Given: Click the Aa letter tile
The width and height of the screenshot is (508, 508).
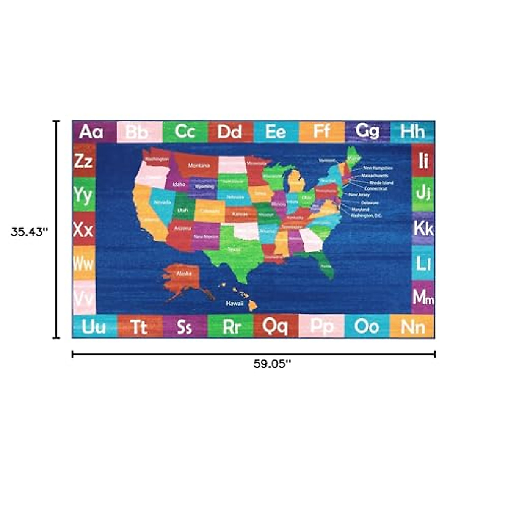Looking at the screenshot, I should [x=91, y=132].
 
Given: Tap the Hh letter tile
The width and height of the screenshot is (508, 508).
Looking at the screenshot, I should [x=412, y=132].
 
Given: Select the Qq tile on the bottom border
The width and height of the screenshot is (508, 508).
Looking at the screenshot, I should [x=275, y=326].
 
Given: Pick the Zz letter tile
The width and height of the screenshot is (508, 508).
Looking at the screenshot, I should [x=84, y=161].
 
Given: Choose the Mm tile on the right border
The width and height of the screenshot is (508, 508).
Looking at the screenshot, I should [x=423, y=297].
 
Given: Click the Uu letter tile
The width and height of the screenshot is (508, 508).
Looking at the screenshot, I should [x=94, y=327].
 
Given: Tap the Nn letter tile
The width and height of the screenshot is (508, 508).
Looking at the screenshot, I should [x=412, y=327].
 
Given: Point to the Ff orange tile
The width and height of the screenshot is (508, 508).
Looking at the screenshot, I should [x=321, y=132].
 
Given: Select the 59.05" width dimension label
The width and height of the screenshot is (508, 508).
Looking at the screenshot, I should [x=272, y=364].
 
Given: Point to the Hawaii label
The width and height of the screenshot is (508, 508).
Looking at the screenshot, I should [x=234, y=304].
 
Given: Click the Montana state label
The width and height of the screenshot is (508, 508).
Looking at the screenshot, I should [x=199, y=166].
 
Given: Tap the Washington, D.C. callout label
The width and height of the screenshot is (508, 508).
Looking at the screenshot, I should [x=366, y=215].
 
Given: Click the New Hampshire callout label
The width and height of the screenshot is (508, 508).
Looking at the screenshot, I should [x=378, y=168].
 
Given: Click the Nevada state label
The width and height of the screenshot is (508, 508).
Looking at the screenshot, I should [x=162, y=203].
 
